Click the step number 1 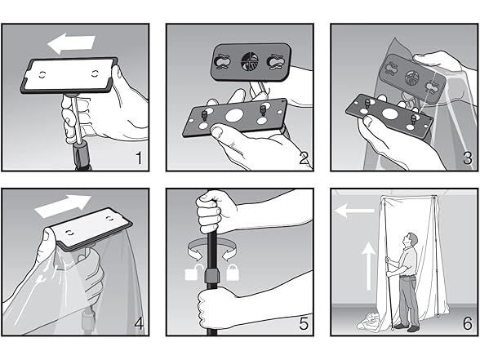[x=140, y=158]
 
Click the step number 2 [x=304, y=158]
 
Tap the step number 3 [x=468, y=158]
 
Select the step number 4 [x=139, y=323]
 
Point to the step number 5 [x=304, y=323]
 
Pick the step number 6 [x=468, y=323]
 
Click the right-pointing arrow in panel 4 [x=64, y=204]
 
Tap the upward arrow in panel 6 [x=369, y=265]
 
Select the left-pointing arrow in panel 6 [x=354, y=211]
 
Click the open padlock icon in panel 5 [x=193, y=272]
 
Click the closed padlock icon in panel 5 [x=233, y=273]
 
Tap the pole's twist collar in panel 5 [x=212, y=275]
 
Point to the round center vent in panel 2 [x=250, y=61]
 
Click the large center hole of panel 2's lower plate [x=234, y=115]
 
